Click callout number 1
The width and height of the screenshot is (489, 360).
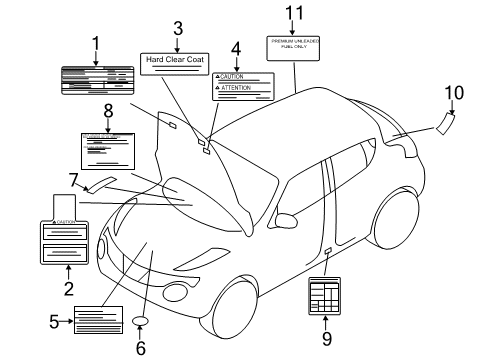point(96,43)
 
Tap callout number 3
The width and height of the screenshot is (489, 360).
point(177,29)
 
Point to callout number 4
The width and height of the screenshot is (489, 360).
point(235,48)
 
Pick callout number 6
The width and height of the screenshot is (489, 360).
point(140,348)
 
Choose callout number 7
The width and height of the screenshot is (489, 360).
point(73,181)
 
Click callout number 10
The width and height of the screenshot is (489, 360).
point(454,93)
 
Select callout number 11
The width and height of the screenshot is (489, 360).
point(292,14)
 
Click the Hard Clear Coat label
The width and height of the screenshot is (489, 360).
point(176,59)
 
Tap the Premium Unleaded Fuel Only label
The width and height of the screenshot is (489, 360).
point(293,45)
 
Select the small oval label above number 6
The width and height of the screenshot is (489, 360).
point(140,321)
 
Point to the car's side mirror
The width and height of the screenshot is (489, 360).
point(286,219)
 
